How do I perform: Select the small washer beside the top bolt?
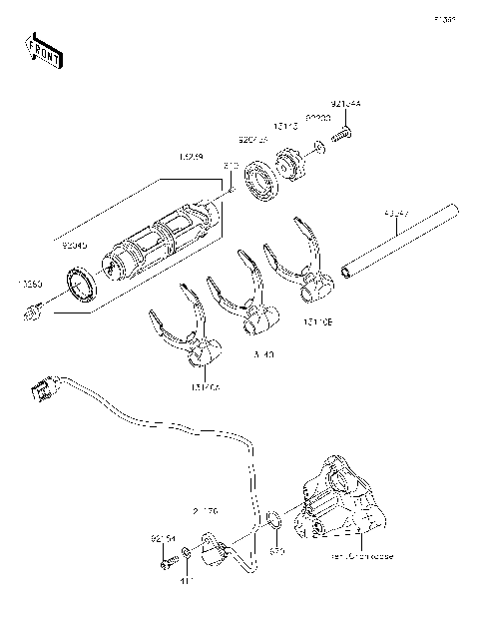click(317, 150)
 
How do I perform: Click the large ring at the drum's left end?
click(80, 283)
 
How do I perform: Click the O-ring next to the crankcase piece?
click(272, 517)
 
